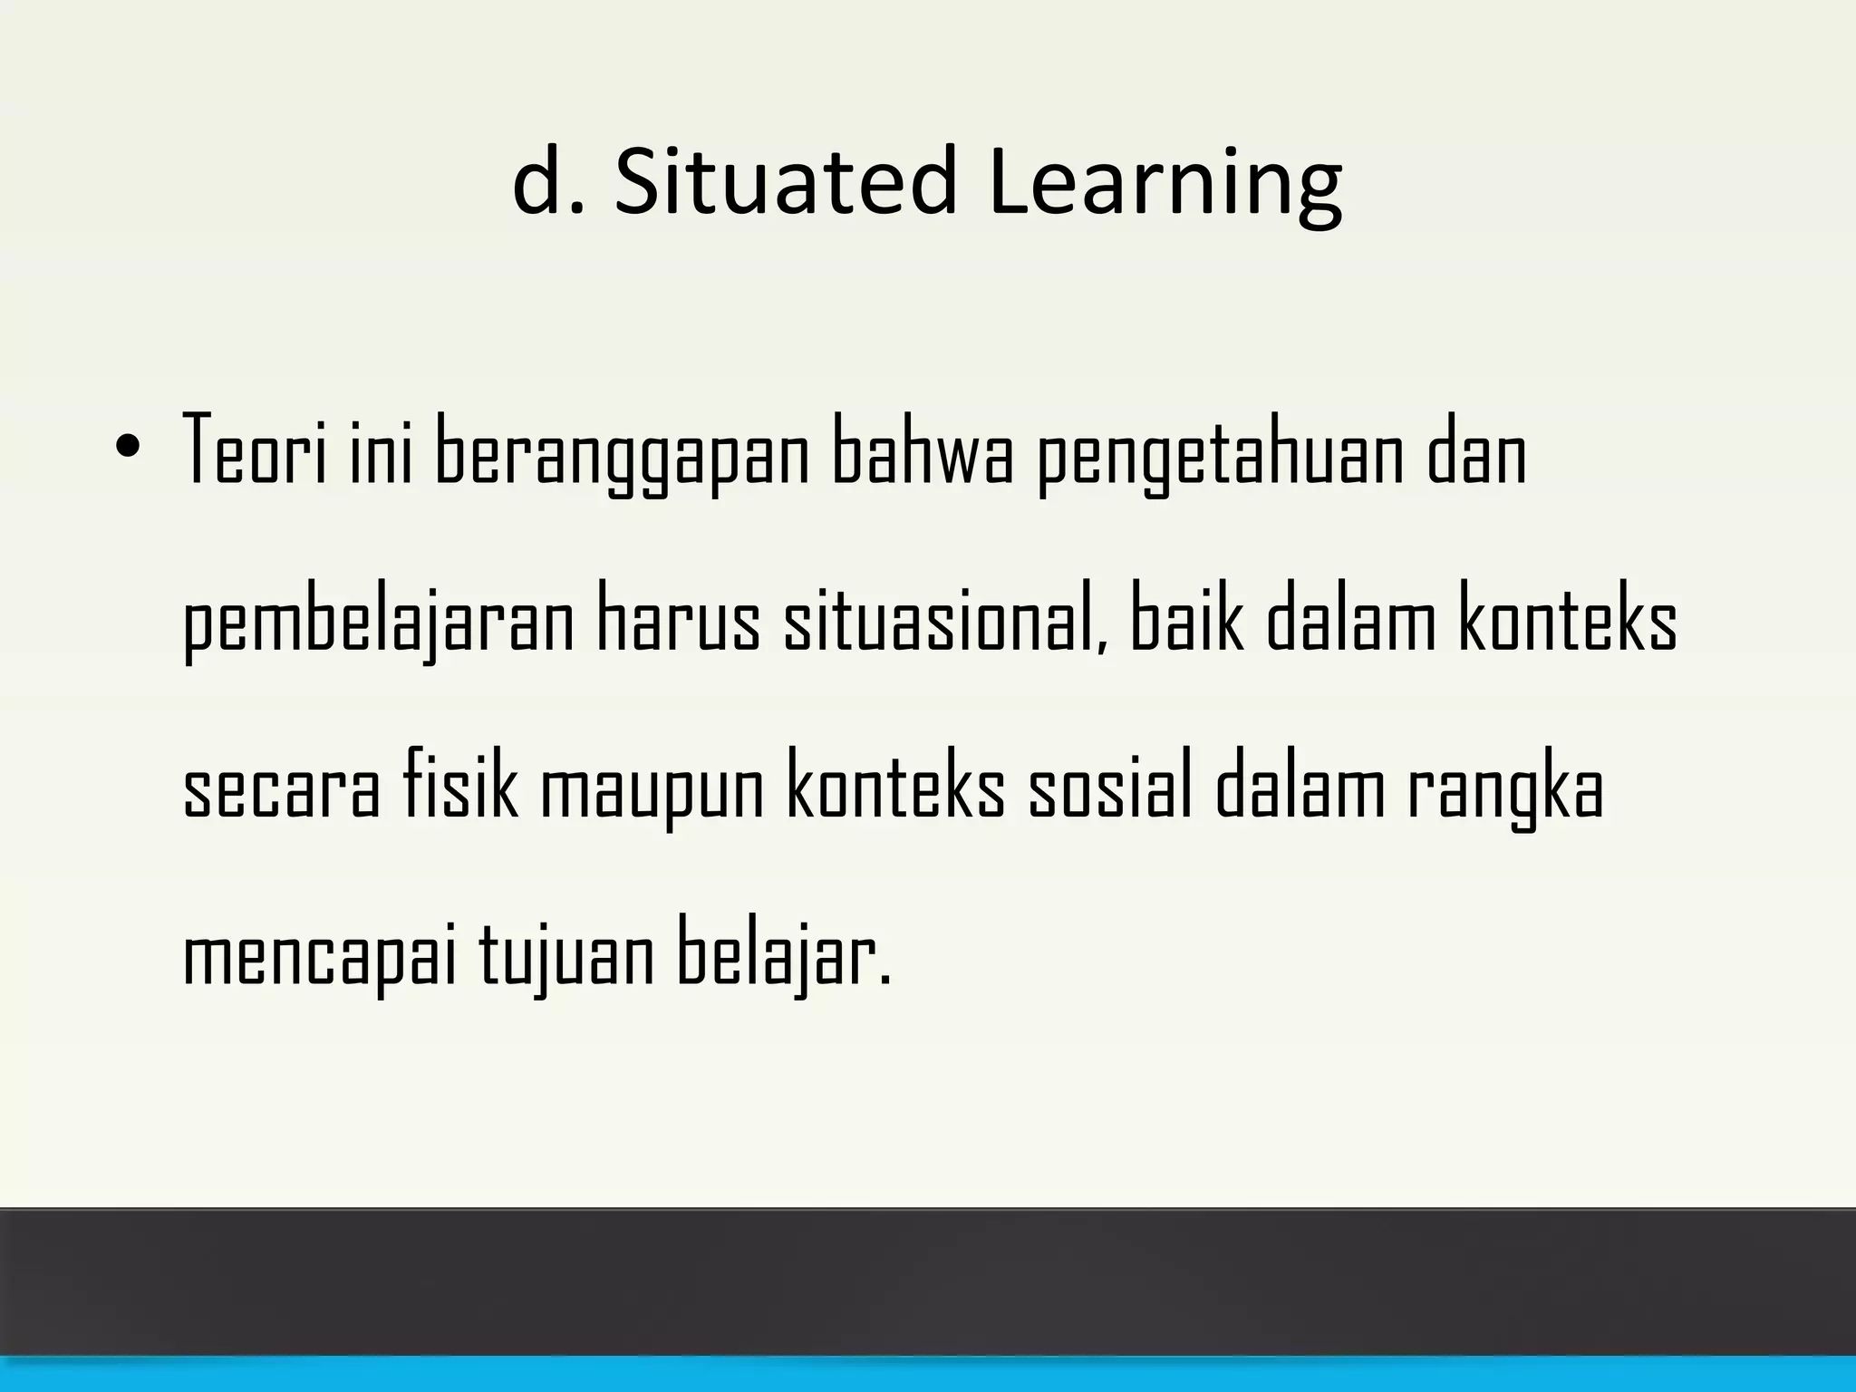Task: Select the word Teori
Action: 255,450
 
